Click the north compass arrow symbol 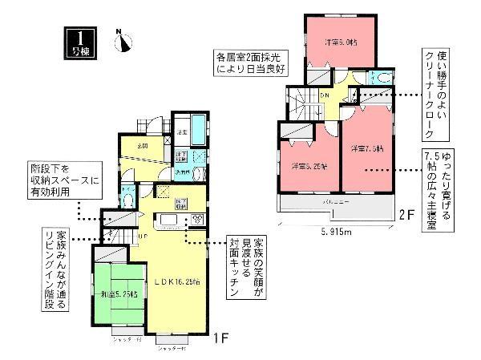click(123, 42)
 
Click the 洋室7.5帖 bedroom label click(366, 148)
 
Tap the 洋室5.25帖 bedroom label click(309, 165)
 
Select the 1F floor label click(222, 339)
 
